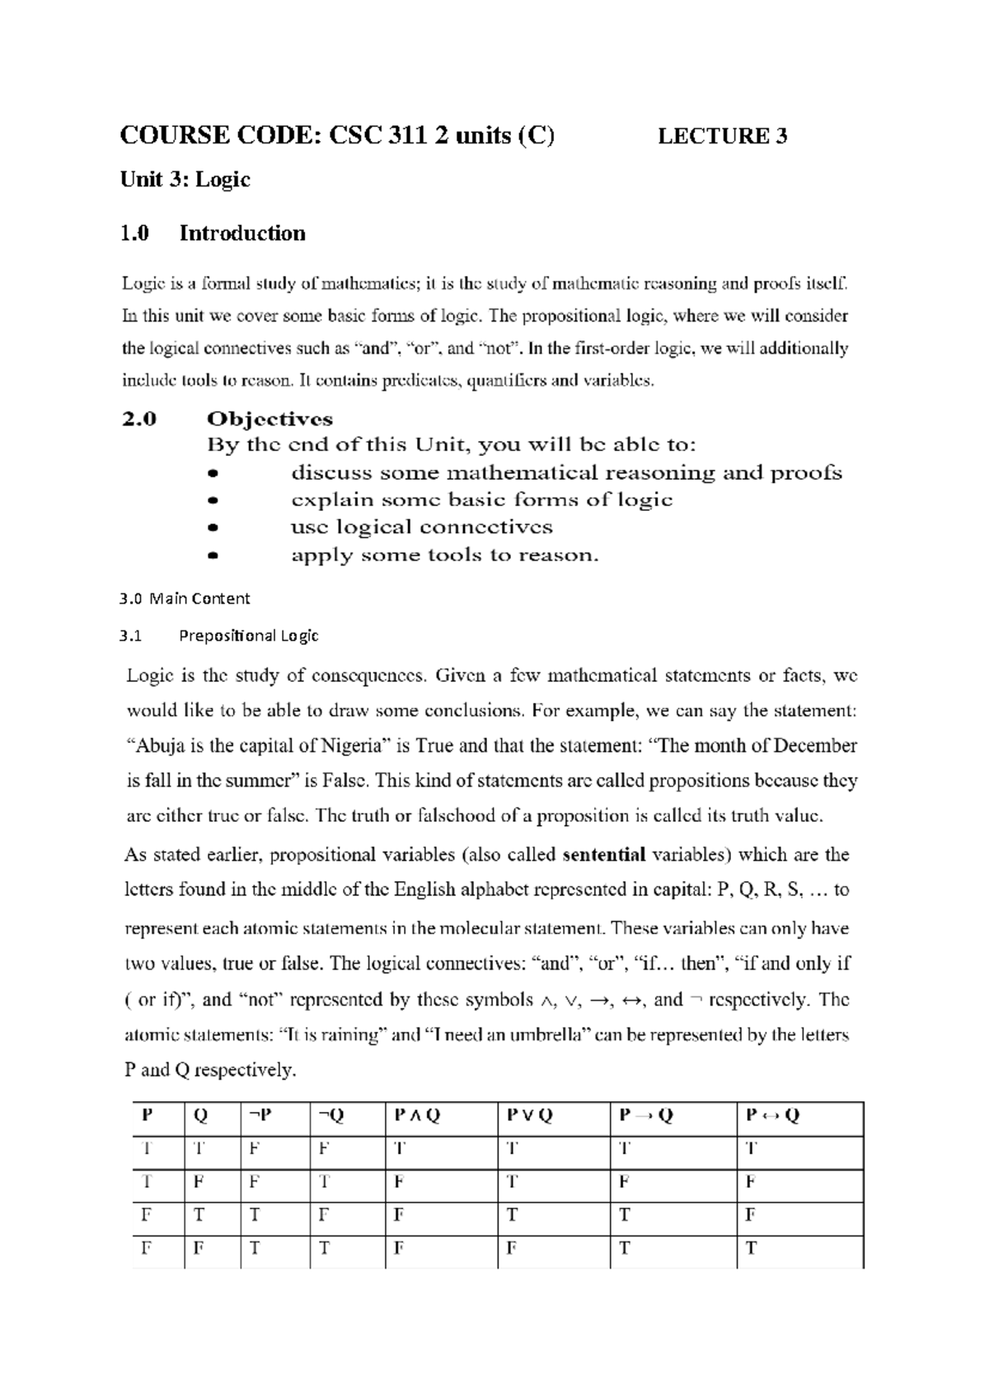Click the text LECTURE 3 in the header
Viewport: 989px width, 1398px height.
(x=722, y=136)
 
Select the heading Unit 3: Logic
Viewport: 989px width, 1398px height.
(x=185, y=180)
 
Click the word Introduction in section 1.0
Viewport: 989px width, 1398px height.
(x=242, y=233)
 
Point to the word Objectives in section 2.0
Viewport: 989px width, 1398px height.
(x=270, y=419)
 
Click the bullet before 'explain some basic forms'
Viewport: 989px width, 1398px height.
(x=213, y=500)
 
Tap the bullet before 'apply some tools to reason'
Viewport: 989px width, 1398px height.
(x=213, y=556)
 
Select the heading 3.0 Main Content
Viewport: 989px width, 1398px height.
(x=185, y=598)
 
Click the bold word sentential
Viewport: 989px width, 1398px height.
(x=603, y=855)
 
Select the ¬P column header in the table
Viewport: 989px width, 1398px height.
(x=259, y=1115)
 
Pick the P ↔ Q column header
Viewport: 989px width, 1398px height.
(x=772, y=1115)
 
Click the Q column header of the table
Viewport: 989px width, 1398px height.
(x=200, y=1115)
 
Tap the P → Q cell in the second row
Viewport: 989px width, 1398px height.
(x=624, y=1182)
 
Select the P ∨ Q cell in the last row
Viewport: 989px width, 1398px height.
(x=511, y=1248)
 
